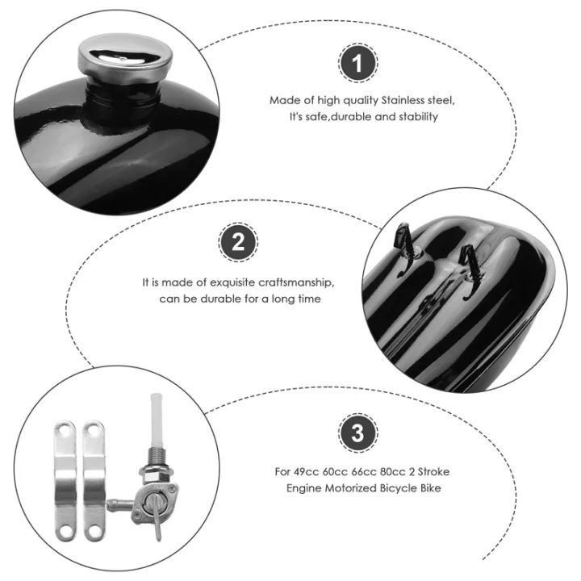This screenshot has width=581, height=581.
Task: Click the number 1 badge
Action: (357, 63)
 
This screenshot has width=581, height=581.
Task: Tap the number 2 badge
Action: (238, 242)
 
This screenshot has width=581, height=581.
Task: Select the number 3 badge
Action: (358, 433)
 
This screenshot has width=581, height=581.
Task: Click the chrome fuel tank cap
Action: (125, 57)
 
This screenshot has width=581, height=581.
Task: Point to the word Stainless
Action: (403, 100)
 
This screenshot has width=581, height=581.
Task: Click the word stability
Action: (418, 117)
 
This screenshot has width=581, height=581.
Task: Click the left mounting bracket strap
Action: (65, 480)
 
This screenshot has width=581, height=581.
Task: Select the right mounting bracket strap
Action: (94, 480)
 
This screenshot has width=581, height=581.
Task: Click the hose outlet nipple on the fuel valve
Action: (119, 504)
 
